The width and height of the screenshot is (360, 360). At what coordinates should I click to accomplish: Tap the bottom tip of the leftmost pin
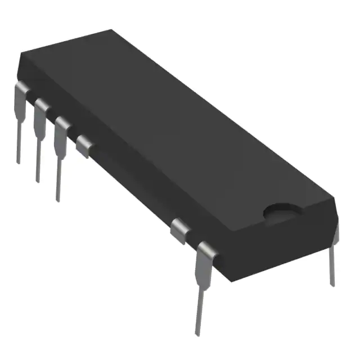19,162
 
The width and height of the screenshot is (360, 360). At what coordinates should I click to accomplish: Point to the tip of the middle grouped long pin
38,181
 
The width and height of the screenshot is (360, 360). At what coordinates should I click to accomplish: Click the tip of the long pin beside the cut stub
57,200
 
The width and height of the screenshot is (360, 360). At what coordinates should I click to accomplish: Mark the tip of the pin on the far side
332,284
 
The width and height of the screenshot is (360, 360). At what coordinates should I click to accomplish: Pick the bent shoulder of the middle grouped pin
40,106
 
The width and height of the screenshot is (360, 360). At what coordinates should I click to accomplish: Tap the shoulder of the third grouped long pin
61,124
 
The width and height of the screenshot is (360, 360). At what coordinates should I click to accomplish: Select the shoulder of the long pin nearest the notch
205,250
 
